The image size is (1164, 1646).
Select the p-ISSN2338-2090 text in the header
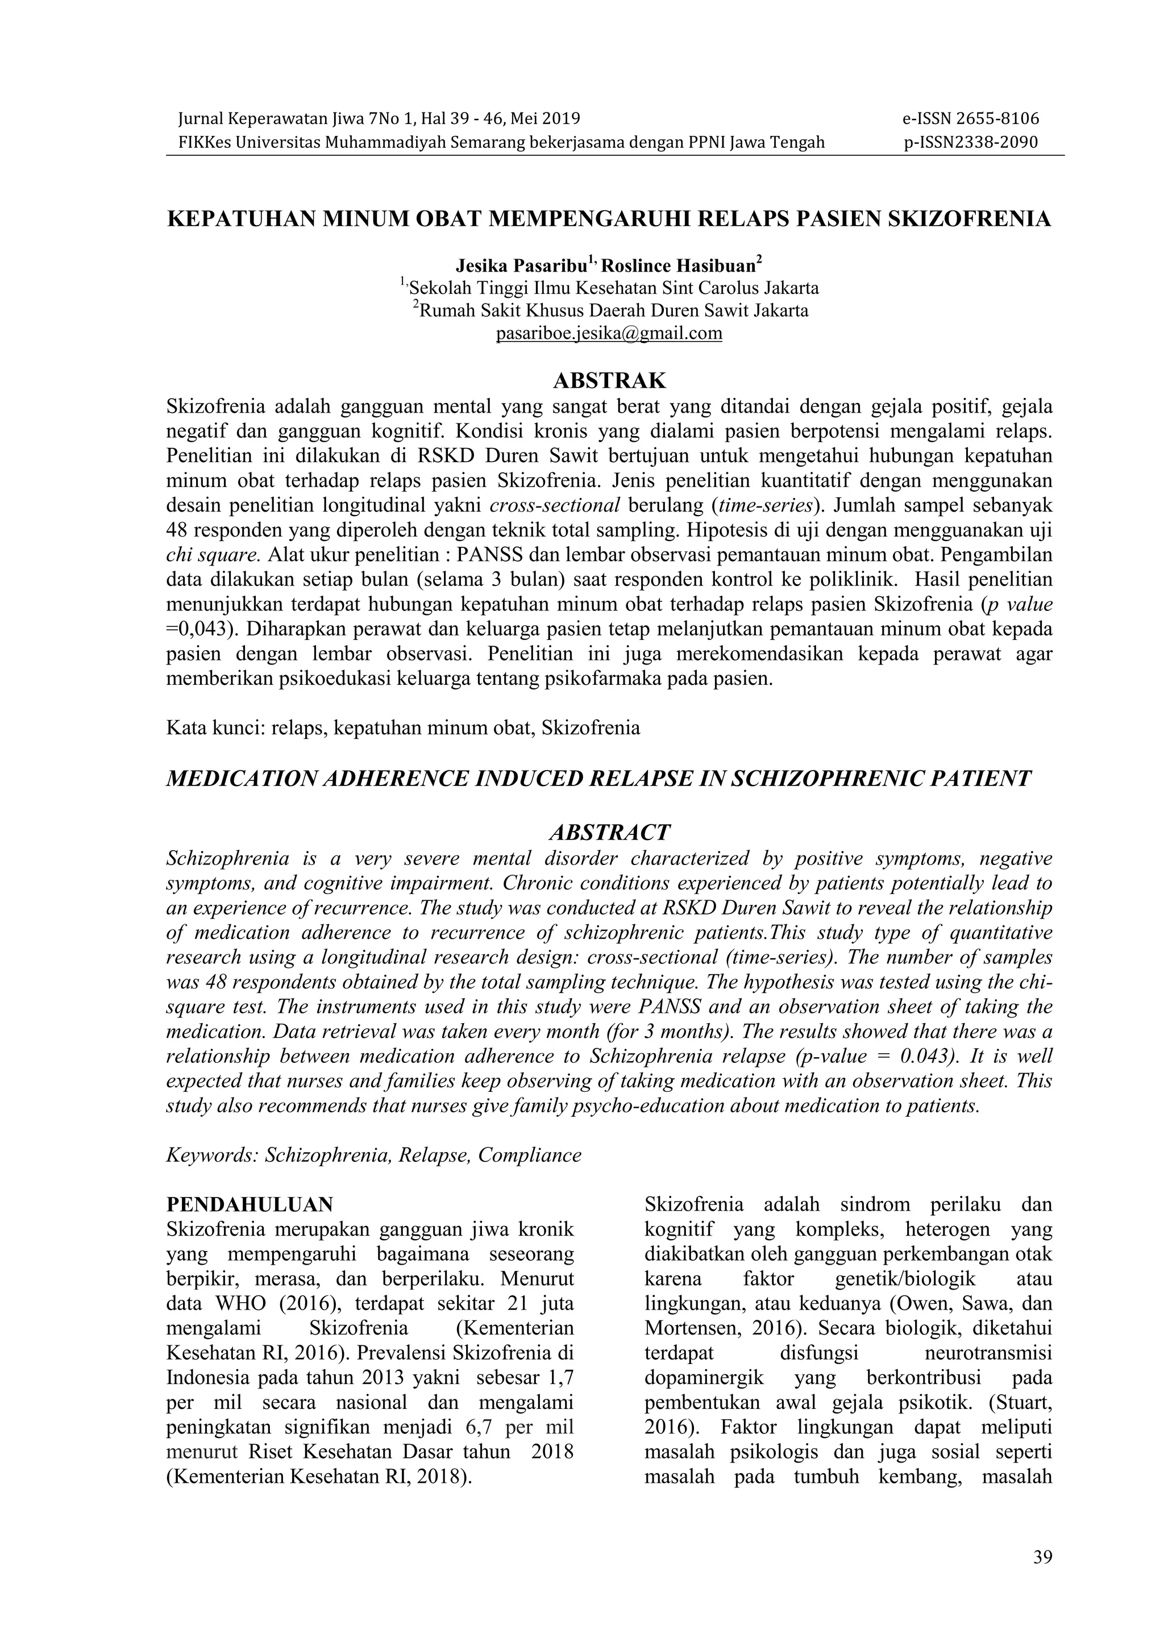tap(971, 142)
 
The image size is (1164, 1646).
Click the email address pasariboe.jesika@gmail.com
tap(609, 334)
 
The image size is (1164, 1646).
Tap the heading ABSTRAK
tap(609, 381)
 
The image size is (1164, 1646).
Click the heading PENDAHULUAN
tap(250, 1204)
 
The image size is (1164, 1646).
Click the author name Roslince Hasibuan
tap(677, 267)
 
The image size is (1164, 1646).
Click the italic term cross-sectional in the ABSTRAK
tap(555, 505)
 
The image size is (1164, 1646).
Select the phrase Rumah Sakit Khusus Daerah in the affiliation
tap(534, 311)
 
